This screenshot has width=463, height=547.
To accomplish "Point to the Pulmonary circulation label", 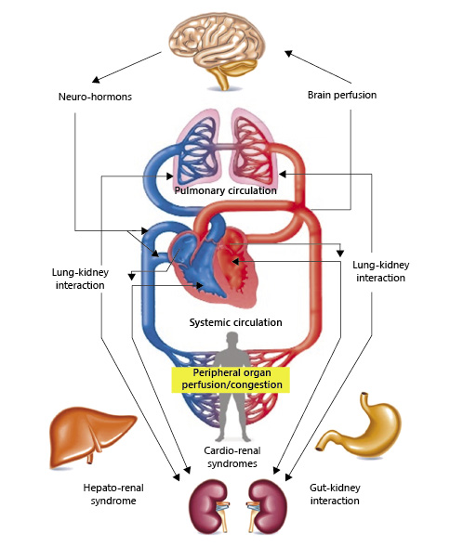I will pyautogui.click(x=226, y=190).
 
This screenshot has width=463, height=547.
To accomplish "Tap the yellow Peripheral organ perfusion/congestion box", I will pyautogui.click(x=229, y=377).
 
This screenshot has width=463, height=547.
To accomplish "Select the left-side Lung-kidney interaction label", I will pyautogui.click(x=78, y=278).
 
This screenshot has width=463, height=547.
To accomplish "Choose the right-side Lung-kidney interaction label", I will pyautogui.click(x=380, y=271).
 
